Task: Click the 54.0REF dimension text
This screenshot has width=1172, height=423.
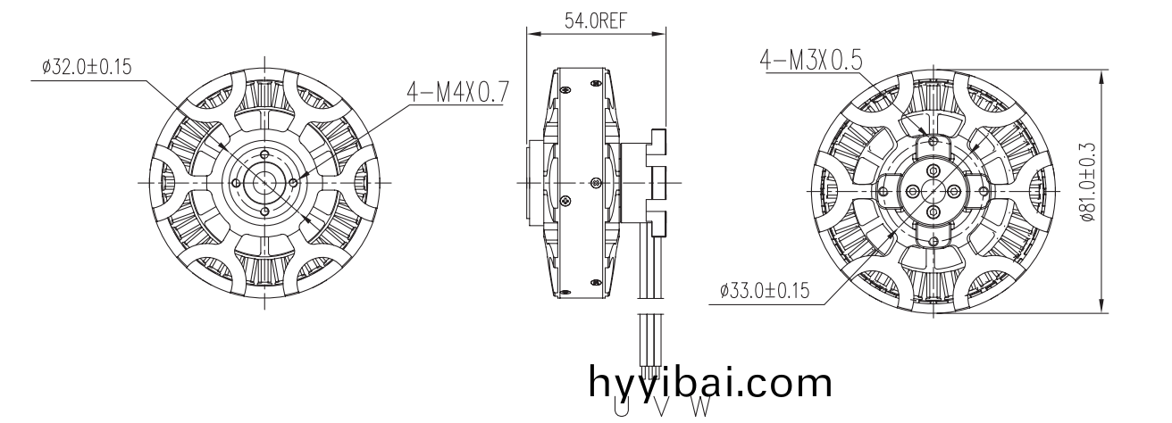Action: click(x=595, y=21)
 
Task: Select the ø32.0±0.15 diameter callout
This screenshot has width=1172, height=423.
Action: click(x=87, y=67)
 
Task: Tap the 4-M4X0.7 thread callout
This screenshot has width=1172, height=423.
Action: click(x=457, y=92)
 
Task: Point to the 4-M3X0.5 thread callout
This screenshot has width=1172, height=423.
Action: click(x=810, y=60)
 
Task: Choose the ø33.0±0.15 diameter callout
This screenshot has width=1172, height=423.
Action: click(x=765, y=290)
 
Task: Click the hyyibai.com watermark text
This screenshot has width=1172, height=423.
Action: click(x=710, y=383)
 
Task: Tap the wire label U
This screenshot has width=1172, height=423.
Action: click(x=621, y=406)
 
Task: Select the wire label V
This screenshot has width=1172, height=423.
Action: click(x=661, y=406)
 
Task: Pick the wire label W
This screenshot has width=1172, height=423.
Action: click(x=701, y=406)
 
